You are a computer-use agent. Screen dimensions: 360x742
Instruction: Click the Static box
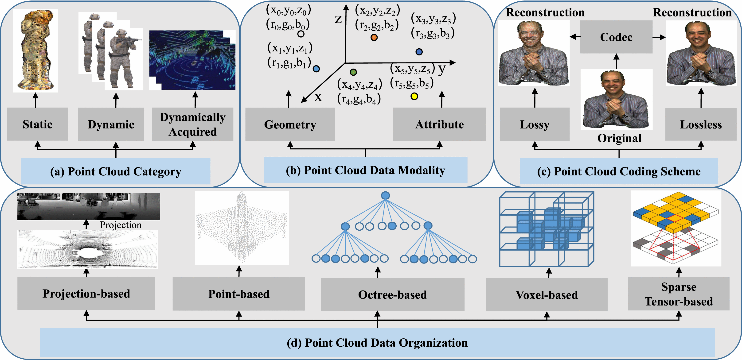click(37, 124)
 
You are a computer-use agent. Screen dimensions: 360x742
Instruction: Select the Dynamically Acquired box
click(192, 124)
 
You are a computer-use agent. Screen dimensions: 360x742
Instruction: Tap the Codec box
click(616, 37)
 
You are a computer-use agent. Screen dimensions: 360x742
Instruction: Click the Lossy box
click(535, 124)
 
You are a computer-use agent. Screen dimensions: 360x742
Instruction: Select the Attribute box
click(439, 124)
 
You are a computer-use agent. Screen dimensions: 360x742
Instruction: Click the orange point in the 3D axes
click(374, 37)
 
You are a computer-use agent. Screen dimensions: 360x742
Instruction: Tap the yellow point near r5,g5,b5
click(414, 96)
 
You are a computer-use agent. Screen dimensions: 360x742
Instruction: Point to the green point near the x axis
click(353, 72)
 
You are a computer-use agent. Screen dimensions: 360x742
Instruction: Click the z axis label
click(338, 19)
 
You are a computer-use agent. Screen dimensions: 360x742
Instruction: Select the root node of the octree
click(385, 196)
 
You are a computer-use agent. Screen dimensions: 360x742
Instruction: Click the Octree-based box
click(392, 294)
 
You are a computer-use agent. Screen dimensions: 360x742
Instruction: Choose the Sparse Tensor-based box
click(679, 294)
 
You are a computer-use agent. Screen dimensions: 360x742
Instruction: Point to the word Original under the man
click(619, 138)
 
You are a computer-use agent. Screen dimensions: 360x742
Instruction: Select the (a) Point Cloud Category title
click(116, 171)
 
